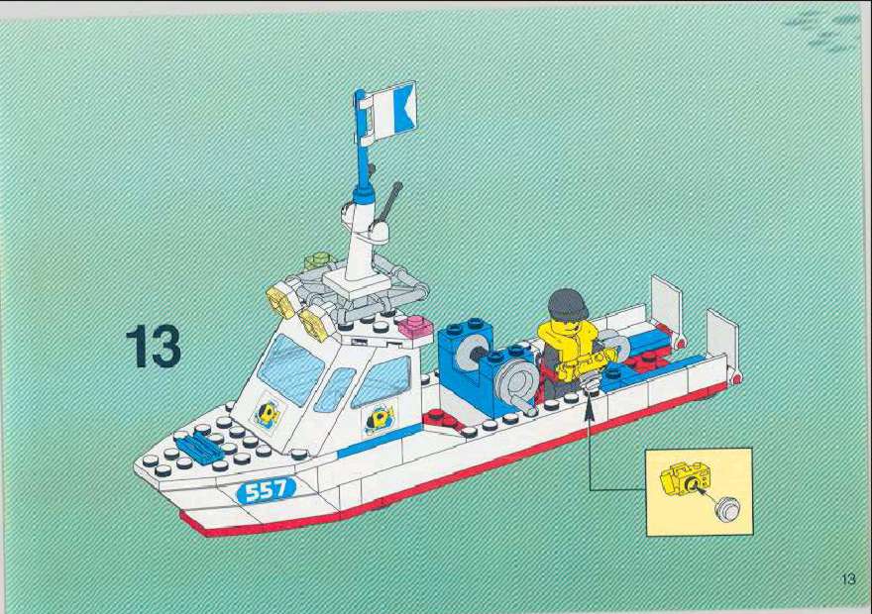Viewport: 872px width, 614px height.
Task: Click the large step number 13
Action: click(x=153, y=347)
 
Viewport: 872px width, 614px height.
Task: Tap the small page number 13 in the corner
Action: click(x=848, y=578)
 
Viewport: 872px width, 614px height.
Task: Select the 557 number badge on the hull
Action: click(x=266, y=490)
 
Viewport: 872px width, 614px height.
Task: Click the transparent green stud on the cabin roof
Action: click(x=317, y=260)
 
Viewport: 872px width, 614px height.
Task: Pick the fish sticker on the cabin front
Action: click(x=268, y=414)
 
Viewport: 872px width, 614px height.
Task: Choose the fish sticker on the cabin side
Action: click(x=379, y=420)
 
